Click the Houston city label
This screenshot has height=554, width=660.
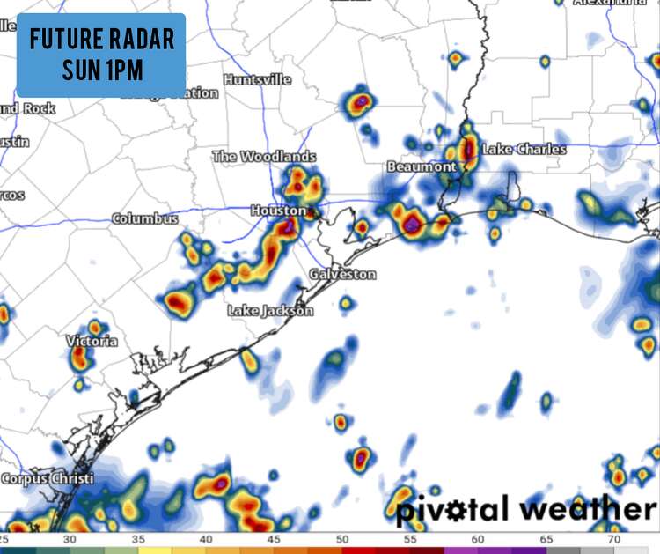[x=278, y=211]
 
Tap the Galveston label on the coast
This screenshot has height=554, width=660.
[x=342, y=275]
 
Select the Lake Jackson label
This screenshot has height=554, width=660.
[x=270, y=311]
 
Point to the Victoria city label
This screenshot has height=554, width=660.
[x=92, y=341]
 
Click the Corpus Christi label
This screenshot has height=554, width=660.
[x=46, y=479]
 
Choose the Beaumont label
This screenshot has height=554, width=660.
[x=422, y=166]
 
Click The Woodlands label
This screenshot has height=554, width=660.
[x=264, y=157]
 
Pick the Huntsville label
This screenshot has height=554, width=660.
[x=257, y=79]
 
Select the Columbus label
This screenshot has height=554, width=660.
[x=144, y=218]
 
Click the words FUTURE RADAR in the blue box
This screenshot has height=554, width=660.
[x=101, y=40]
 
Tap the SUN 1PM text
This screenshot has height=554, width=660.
[x=101, y=69]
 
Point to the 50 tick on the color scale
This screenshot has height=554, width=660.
[x=341, y=538]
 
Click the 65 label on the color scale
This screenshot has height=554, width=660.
[x=546, y=538]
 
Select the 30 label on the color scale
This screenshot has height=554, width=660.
[x=70, y=538]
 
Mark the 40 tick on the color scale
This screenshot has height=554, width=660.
[x=205, y=538]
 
